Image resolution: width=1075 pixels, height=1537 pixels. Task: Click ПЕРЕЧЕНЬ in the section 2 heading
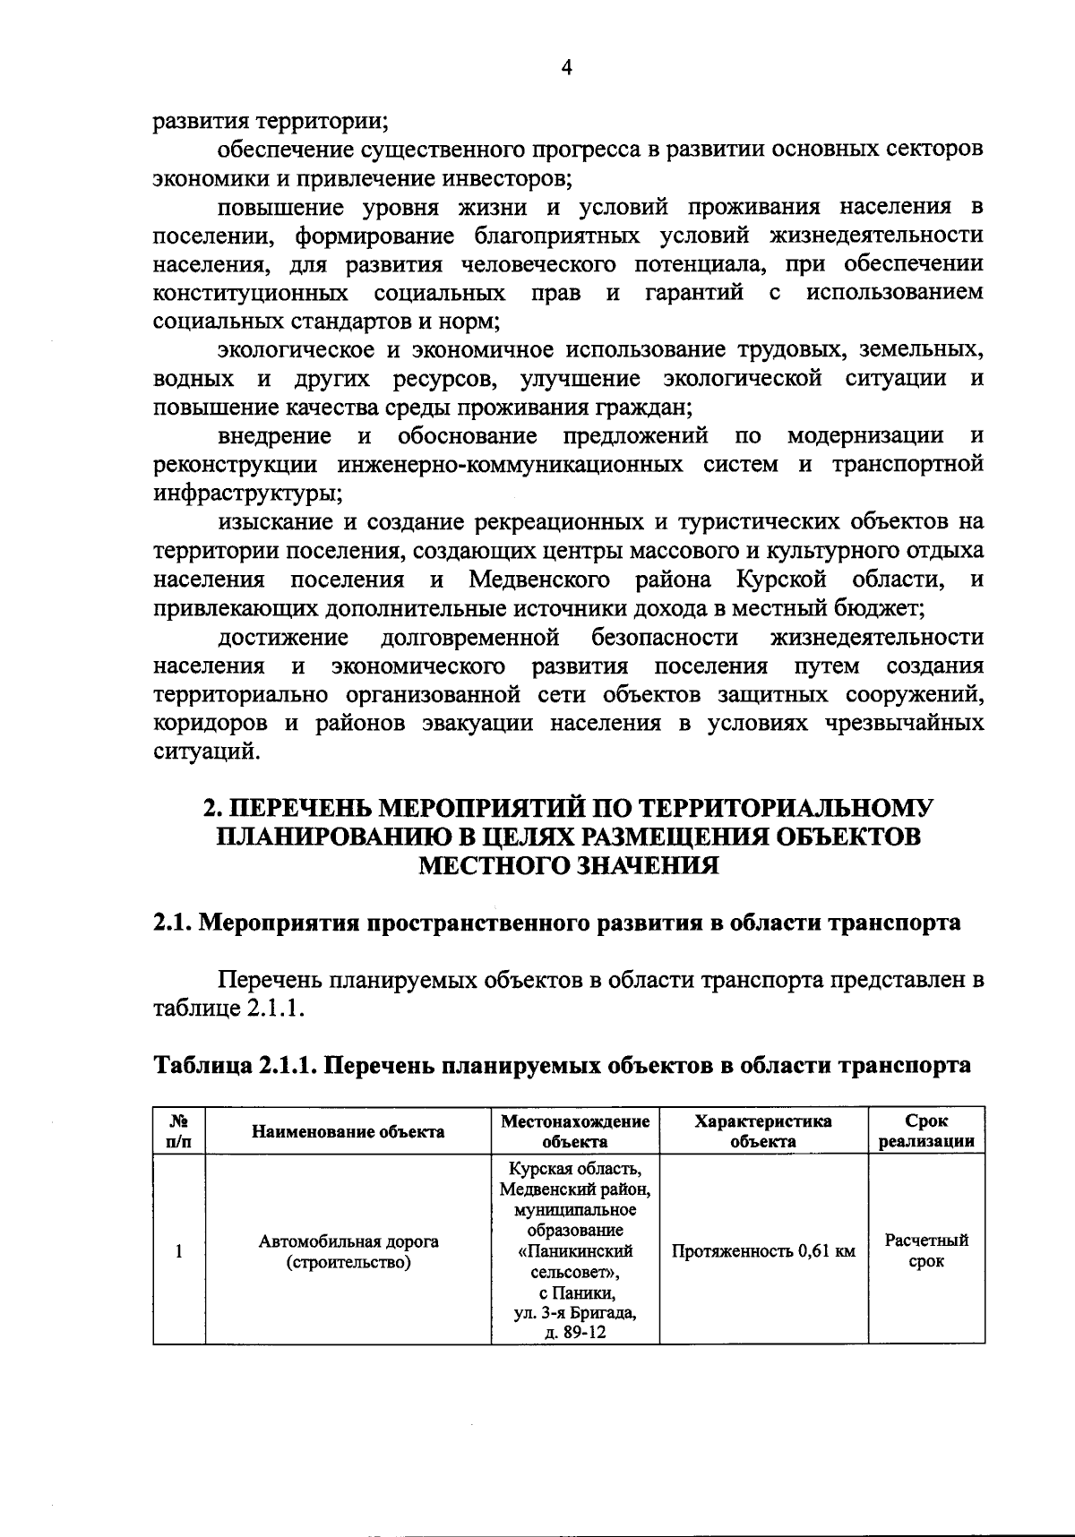click(301, 808)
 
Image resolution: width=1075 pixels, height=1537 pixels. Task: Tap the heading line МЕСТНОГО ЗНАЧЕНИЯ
click(570, 865)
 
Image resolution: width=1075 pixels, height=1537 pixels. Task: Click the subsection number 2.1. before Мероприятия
click(171, 923)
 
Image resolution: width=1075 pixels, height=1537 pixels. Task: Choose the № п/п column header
click(179, 1131)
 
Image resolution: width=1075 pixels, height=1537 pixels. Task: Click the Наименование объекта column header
click(348, 1131)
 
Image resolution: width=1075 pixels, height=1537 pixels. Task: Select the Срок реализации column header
click(926, 1131)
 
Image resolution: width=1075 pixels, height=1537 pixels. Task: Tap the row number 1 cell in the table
click(179, 1250)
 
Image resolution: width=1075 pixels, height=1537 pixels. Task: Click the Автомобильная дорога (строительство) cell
click(348, 1251)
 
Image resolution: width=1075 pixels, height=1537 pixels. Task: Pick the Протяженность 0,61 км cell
click(763, 1251)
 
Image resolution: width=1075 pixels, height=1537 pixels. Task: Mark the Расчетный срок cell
click(926, 1251)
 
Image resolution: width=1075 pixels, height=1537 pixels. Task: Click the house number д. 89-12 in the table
click(574, 1332)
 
